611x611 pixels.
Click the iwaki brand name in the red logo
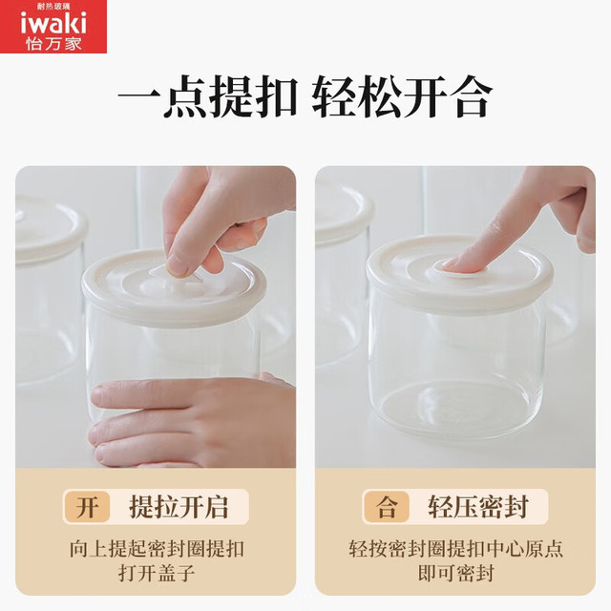click(x=53, y=24)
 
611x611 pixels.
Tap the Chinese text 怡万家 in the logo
click(x=53, y=44)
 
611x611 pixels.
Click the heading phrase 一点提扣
click(x=208, y=96)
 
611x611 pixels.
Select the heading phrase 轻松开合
click(x=402, y=96)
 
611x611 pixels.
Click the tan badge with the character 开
click(x=87, y=507)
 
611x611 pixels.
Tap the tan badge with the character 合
click(x=387, y=507)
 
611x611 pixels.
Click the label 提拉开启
click(x=179, y=507)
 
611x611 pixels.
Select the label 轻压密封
click(x=478, y=507)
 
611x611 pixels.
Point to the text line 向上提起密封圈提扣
click(x=157, y=549)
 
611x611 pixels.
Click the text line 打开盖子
click(x=157, y=573)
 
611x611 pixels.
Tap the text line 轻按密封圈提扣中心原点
click(x=456, y=549)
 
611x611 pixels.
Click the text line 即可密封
click(x=456, y=573)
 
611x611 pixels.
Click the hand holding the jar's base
click(x=192, y=421)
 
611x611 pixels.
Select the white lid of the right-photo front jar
click(x=460, y=273)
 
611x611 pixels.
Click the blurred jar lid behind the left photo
click(x=50, y=229)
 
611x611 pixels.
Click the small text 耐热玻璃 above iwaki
click(x=53, y=7)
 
